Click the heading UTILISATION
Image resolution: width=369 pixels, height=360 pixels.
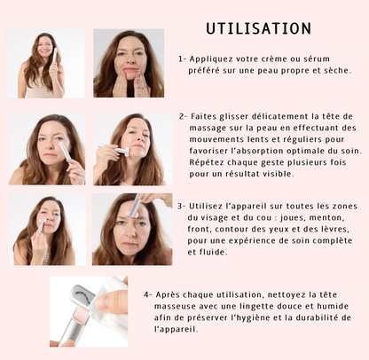tap(258, 30)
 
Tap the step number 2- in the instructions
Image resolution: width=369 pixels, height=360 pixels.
tap(183, 115)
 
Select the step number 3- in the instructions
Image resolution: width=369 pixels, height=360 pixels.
tap(182, 204)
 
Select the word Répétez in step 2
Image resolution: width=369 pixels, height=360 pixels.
tap(208, 164)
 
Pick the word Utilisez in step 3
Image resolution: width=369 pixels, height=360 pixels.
tap(210, 204)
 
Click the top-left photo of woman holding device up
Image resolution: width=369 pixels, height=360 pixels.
tap(45, 64)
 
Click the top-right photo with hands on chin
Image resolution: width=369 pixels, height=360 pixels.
tap(129, 64)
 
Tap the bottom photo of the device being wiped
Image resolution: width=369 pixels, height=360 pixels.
tap(89, 311)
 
